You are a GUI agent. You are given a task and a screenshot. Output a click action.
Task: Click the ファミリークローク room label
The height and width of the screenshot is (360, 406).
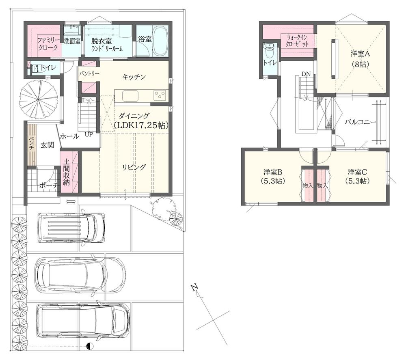coord(48,44)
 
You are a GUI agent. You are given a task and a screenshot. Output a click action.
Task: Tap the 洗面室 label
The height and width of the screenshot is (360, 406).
coord(72,41)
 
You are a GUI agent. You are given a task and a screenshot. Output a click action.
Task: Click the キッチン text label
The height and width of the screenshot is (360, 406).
coord(134,77)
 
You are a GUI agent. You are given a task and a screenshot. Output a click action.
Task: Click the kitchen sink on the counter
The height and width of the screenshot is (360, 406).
coord(130,96)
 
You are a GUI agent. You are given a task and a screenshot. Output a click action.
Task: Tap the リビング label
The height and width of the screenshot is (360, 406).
coord(134,167)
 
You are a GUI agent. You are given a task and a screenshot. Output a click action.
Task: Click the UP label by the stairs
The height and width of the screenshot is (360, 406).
coord(89,135)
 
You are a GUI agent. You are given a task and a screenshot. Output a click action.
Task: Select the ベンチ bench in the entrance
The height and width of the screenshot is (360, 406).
coord(32,144)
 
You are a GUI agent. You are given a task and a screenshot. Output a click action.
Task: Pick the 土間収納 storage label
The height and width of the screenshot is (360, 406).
coord(66,172)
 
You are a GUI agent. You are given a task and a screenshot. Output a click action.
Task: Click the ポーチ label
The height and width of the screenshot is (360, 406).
coord(49,185)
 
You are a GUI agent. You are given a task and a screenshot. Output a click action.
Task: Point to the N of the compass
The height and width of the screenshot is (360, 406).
coord(194,287)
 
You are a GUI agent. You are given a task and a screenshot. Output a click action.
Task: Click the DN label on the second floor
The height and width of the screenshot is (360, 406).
coord(306,74)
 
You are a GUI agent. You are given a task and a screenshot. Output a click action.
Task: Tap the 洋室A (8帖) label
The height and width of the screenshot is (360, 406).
coord(361,59)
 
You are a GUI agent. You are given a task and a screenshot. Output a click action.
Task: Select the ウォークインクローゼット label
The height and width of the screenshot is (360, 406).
coord(297,41)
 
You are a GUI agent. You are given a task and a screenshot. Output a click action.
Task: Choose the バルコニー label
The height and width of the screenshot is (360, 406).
coord(360,122)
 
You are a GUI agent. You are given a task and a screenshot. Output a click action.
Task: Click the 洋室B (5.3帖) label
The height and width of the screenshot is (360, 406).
coord(273,177)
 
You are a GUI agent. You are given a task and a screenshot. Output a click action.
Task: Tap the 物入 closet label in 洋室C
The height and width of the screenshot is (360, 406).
coord(322,185)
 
